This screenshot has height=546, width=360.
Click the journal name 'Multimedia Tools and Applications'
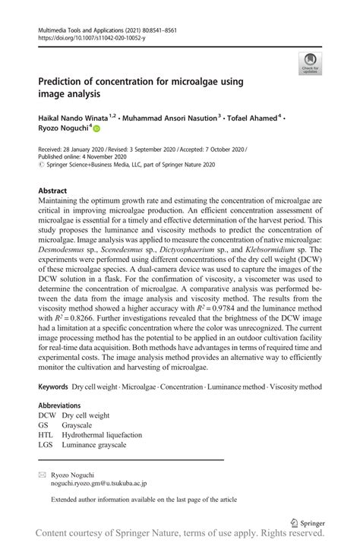81,27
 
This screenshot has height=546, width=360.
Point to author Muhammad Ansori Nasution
171,118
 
